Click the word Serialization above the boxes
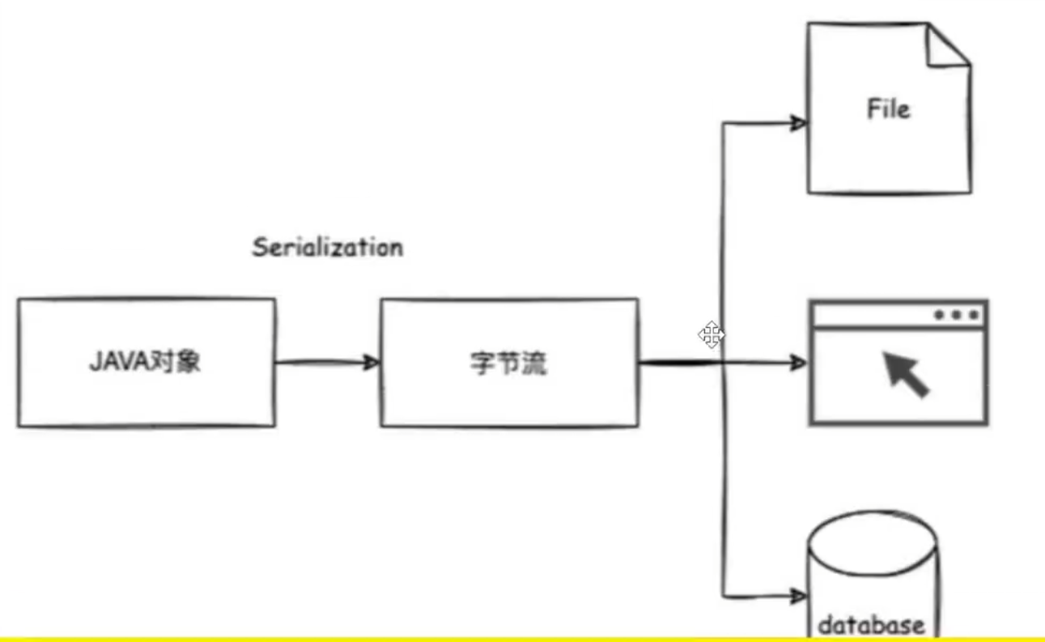tap(327, 247)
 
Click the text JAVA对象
tap(145, 362)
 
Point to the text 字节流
tap(508, 364)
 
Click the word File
tap(888, 108)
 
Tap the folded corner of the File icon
tap(949, 45)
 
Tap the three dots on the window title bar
tap(957, 315)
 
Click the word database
tap(871, 625)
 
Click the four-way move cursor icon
tap(712, 334)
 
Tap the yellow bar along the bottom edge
tap(522, 639)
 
